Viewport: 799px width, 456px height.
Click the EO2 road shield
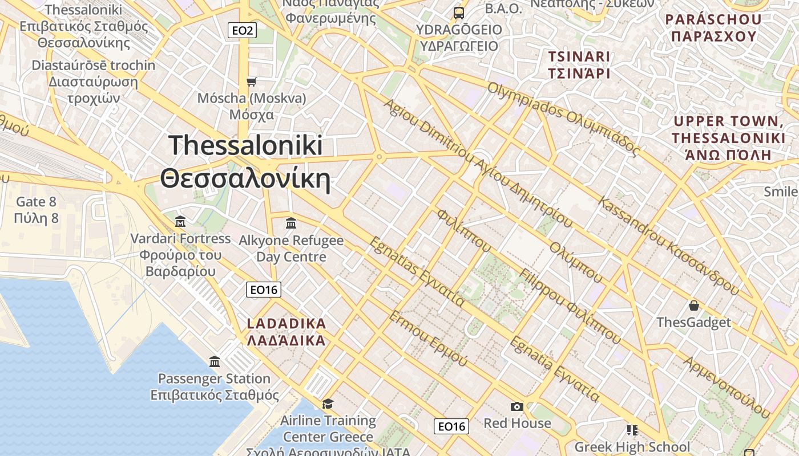coord(242,30)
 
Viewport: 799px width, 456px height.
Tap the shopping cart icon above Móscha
coord(251,82)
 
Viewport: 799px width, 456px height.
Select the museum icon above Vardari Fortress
coord(180,221)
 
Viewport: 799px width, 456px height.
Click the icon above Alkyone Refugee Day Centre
coord(291,223)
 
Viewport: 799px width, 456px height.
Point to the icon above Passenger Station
coord(215,361)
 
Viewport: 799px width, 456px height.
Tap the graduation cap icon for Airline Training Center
coord(328,404)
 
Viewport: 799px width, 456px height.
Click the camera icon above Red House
coord(517,406)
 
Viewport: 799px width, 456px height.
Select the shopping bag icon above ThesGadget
coord(693,306)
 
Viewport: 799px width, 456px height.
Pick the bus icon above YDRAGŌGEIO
coord(458,13)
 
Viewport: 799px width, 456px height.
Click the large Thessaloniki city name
coord(245,162)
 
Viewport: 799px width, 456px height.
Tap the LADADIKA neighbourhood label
coord(286,332)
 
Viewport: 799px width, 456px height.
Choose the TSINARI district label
coord(579,64)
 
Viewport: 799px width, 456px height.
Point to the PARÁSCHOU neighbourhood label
coord(713,28)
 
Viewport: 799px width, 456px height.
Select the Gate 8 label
coord(37,210)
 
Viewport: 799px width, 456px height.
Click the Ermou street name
coord(427,339)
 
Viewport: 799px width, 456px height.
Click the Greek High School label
coord(632,447)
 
